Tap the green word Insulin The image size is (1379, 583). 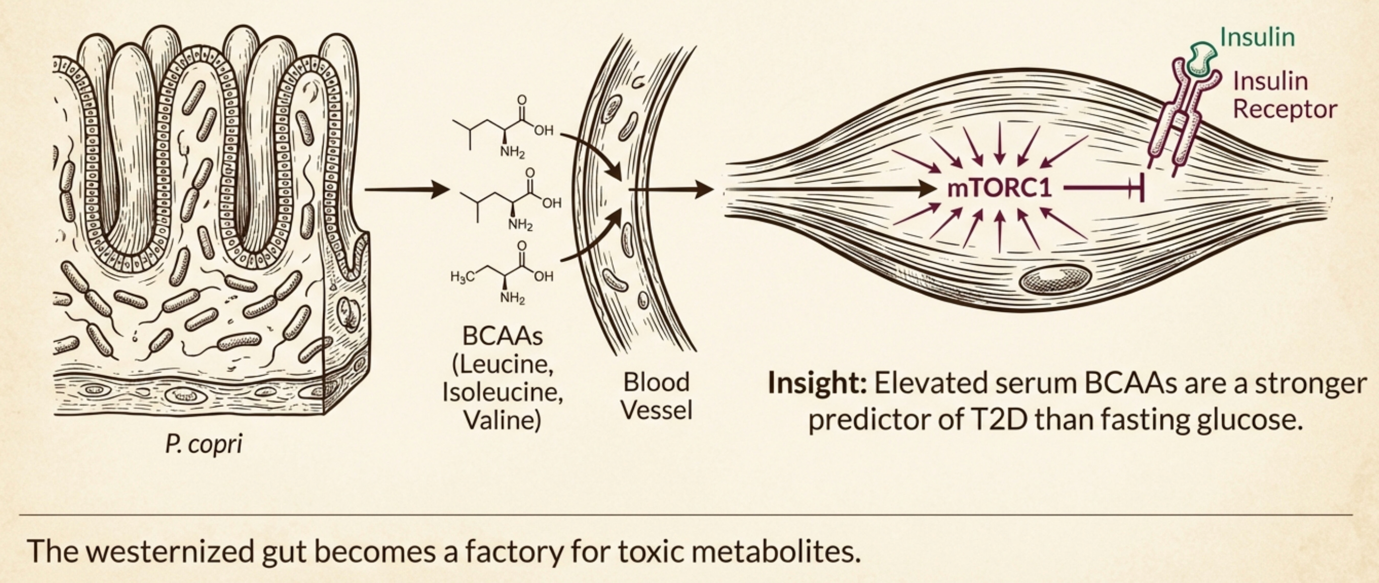tap(1258, 37)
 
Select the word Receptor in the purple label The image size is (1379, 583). tap(1285, 109)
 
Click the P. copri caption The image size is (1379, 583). tap(204, 444)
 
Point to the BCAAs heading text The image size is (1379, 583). tap(502, 336)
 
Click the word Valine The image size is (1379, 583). tap(502, 420)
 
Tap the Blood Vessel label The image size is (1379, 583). tap(657, 396)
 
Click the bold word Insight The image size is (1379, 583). tap(817, 383)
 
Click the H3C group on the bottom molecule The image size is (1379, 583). tap(462, 277)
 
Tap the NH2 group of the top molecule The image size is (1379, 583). tap(512, 152)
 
